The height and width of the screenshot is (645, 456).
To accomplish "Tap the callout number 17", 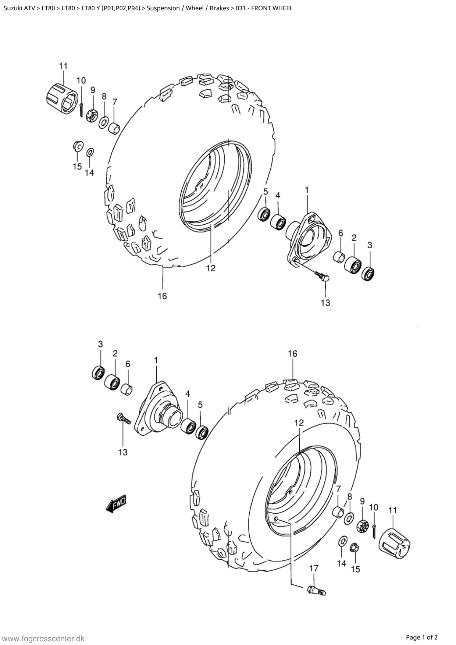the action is click(314, 568).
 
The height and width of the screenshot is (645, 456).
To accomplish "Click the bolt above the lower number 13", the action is click(124, 419).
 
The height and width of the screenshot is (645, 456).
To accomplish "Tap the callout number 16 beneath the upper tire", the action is click(162, 296).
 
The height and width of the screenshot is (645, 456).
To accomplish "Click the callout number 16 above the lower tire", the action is click(292, 354).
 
